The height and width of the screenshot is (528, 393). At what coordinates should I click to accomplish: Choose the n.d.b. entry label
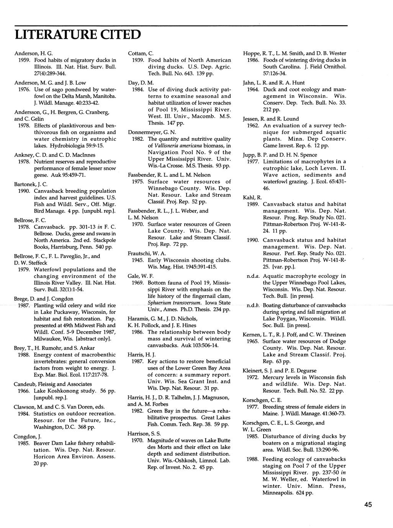point(254,305)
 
